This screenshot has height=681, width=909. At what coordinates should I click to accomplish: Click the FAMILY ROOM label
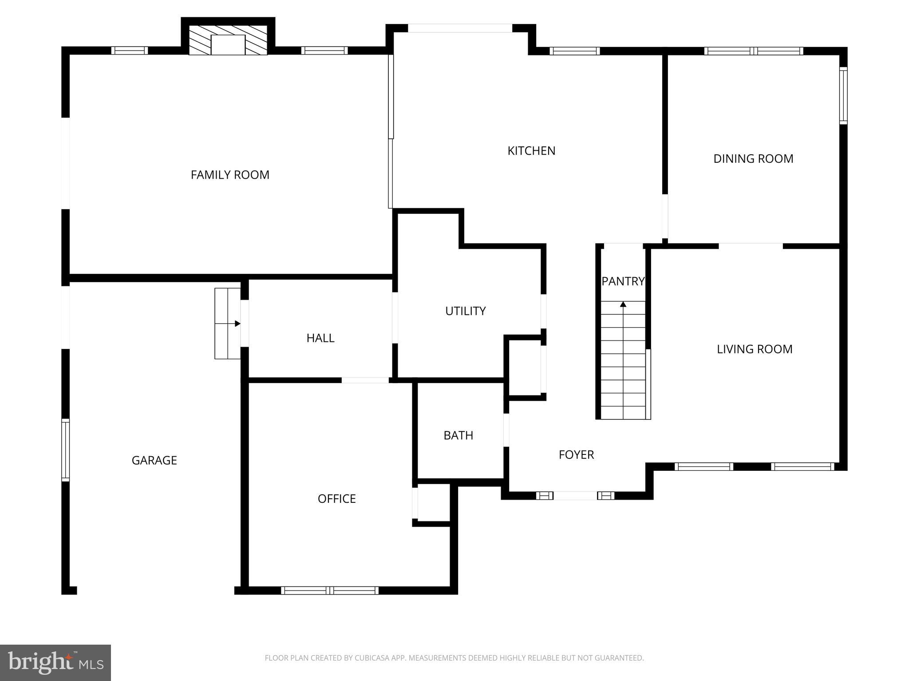tap(230, 175)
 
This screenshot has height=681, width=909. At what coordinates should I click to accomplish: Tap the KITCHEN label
tap(531, 151)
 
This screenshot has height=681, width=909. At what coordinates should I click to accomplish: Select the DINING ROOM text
tap(753, 159)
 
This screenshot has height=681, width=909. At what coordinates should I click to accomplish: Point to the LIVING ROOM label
tap(755, 349)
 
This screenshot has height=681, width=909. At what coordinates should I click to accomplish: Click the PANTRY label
tap(623, 281)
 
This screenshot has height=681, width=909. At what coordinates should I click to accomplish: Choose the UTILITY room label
tap(465, 311)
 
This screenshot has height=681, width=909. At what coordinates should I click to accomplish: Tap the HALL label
tap(320, 338)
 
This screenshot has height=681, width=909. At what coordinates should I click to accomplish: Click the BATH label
tap(458, 435)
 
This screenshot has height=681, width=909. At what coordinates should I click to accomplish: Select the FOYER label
tap(576, 454)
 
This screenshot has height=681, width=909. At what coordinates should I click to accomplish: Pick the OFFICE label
tap(336, 499)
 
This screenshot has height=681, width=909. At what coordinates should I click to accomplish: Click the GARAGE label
tap(154, 460)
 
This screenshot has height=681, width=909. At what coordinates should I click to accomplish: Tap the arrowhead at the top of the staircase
tap(623, 304)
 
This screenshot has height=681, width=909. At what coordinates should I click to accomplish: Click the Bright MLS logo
tap(55, 662)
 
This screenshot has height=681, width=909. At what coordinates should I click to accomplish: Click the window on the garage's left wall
tap(66, 450)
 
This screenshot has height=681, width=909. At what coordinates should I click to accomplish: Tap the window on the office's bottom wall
tap(330, 590)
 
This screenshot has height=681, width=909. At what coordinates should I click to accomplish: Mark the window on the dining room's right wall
tap(843, 95)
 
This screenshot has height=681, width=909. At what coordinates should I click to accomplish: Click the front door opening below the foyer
tap(575, 496)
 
